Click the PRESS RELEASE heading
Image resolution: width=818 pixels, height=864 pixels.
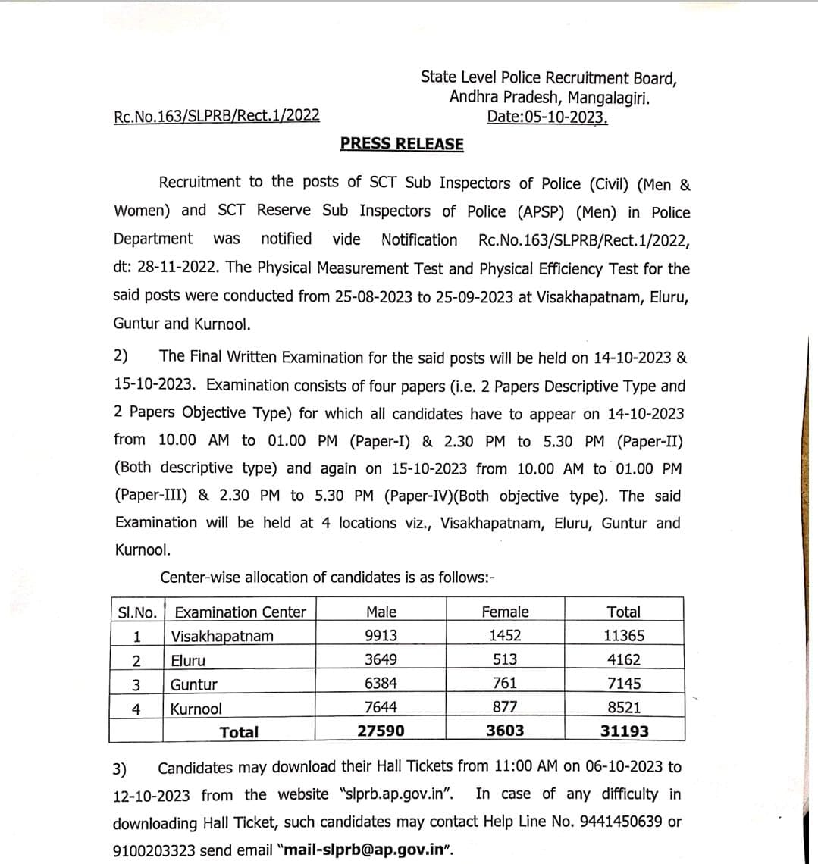(402, 144)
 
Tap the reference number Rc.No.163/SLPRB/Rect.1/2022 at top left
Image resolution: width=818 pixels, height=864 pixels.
(216, 116)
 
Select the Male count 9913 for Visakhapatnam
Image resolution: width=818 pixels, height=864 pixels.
(381, 636)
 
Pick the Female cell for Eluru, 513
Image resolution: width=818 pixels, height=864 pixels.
(505, 659)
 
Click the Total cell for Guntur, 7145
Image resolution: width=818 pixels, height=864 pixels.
(624, 684)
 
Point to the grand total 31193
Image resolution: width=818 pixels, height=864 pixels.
(624, 731)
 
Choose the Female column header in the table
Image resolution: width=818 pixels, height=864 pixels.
(505, 612)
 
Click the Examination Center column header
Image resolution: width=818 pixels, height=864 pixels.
(240, 612)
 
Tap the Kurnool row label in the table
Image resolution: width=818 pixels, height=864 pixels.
(196, 709)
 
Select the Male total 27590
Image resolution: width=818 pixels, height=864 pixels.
(381, 731)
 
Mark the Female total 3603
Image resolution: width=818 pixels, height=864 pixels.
(505, 731)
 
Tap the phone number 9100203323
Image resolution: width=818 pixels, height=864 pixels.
(153, 850)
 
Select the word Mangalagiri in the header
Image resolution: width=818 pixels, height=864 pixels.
(608, 97)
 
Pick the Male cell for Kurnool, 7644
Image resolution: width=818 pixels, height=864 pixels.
(381, 707)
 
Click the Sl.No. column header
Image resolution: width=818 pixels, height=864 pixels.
(136, 612)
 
